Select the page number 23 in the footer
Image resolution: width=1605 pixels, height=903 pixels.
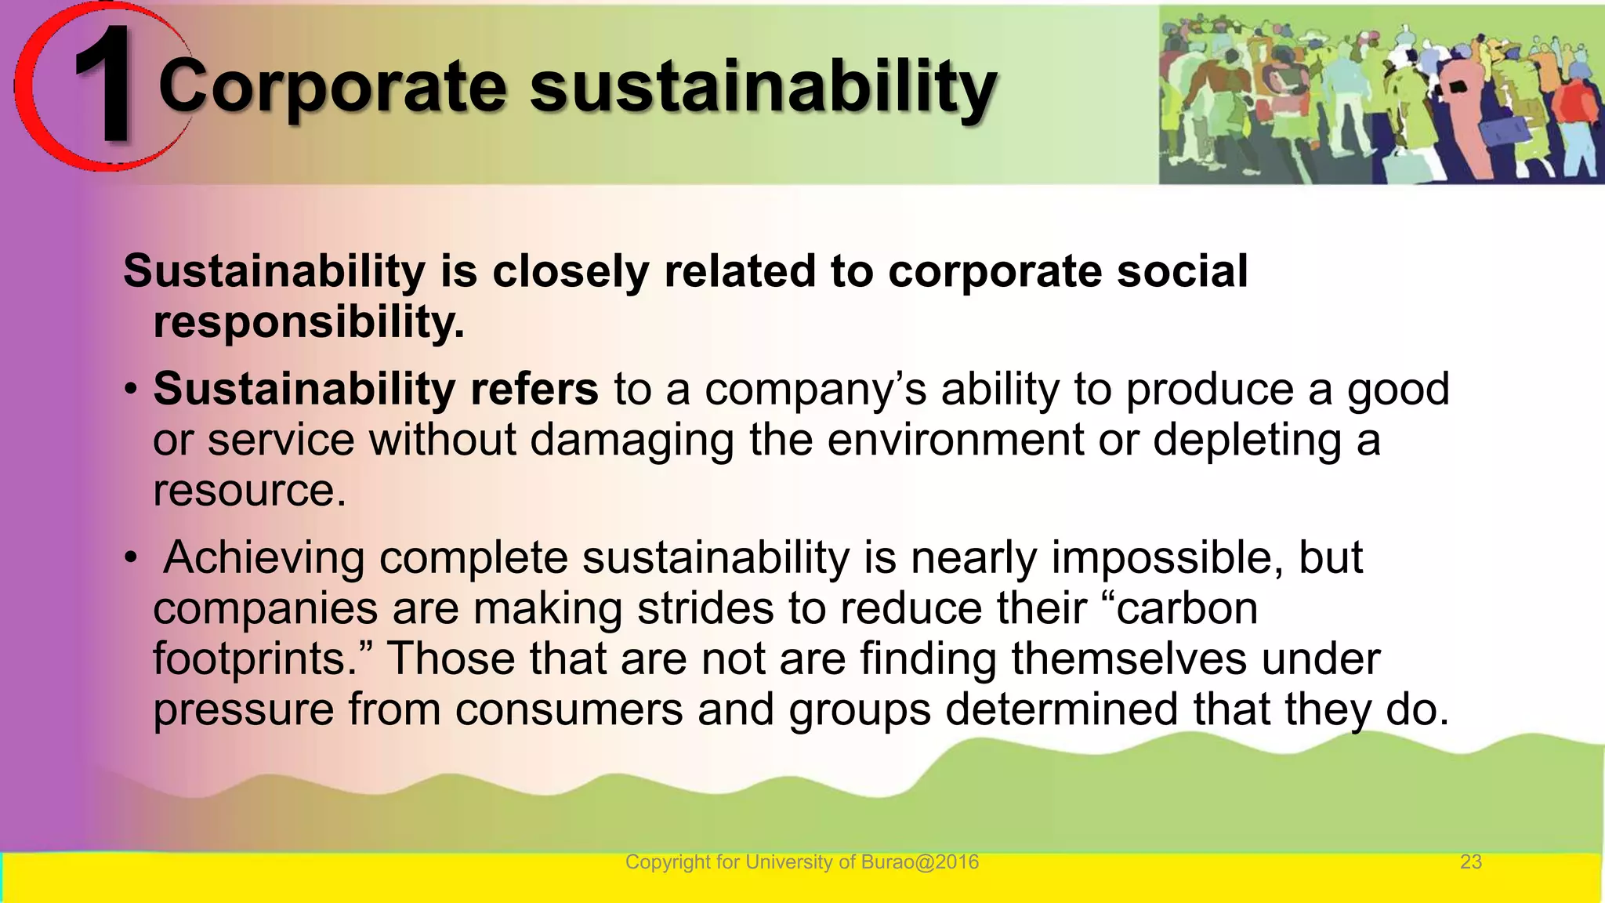pos(1470,862)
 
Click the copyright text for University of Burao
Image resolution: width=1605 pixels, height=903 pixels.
pos(802,862)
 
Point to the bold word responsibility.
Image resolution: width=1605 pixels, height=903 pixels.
pos(309,322)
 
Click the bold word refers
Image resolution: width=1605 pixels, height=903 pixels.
pos(534,389)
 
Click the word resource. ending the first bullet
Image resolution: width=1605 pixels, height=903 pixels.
pos(249,491)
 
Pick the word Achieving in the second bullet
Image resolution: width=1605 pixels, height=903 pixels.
pos(264,557)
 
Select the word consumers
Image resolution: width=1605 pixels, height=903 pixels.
pos(569,709)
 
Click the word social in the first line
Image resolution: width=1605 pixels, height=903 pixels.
pos(1182,271)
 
